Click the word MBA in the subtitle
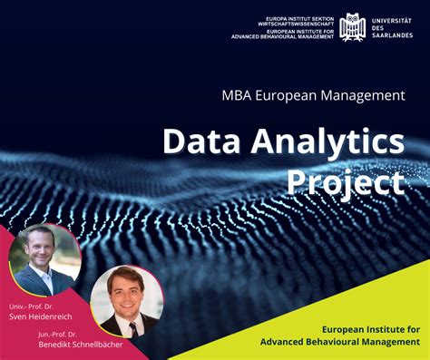click(x=238, y=93)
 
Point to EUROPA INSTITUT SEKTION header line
click(x=297, y=16)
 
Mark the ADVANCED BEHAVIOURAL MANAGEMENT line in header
click(x=282, y=37)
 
